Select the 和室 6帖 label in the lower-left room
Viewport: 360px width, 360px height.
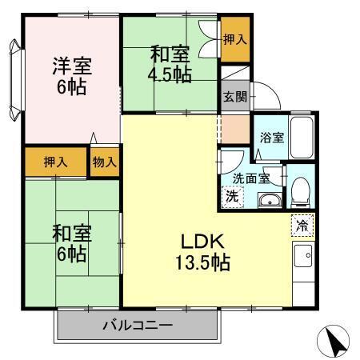[70, 245]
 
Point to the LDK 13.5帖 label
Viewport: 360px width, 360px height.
[203, 251]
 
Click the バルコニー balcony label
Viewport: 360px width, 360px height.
[138, 326]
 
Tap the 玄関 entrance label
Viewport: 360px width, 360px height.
[235, 97]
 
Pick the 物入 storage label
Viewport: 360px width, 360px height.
[105, 162]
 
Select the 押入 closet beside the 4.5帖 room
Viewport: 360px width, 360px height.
[234, 39]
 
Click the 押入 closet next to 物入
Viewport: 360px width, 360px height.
[55, 162]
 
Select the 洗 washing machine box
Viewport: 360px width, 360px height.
[231, 195]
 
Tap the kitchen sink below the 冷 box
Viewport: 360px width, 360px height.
[303, 257]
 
